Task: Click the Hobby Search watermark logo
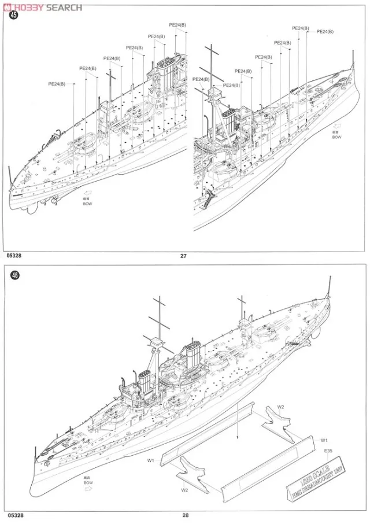[x=43, y=8]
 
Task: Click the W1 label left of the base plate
[x=150, y=460]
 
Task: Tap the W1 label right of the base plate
[x=324, y=439]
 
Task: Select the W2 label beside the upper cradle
[x=280, y=407]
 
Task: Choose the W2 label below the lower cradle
[x=184, y=490]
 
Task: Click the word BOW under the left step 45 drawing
[x=87, y=204]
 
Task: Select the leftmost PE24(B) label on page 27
[x=57, y=84]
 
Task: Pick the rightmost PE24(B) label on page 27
[x=324, y=32]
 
